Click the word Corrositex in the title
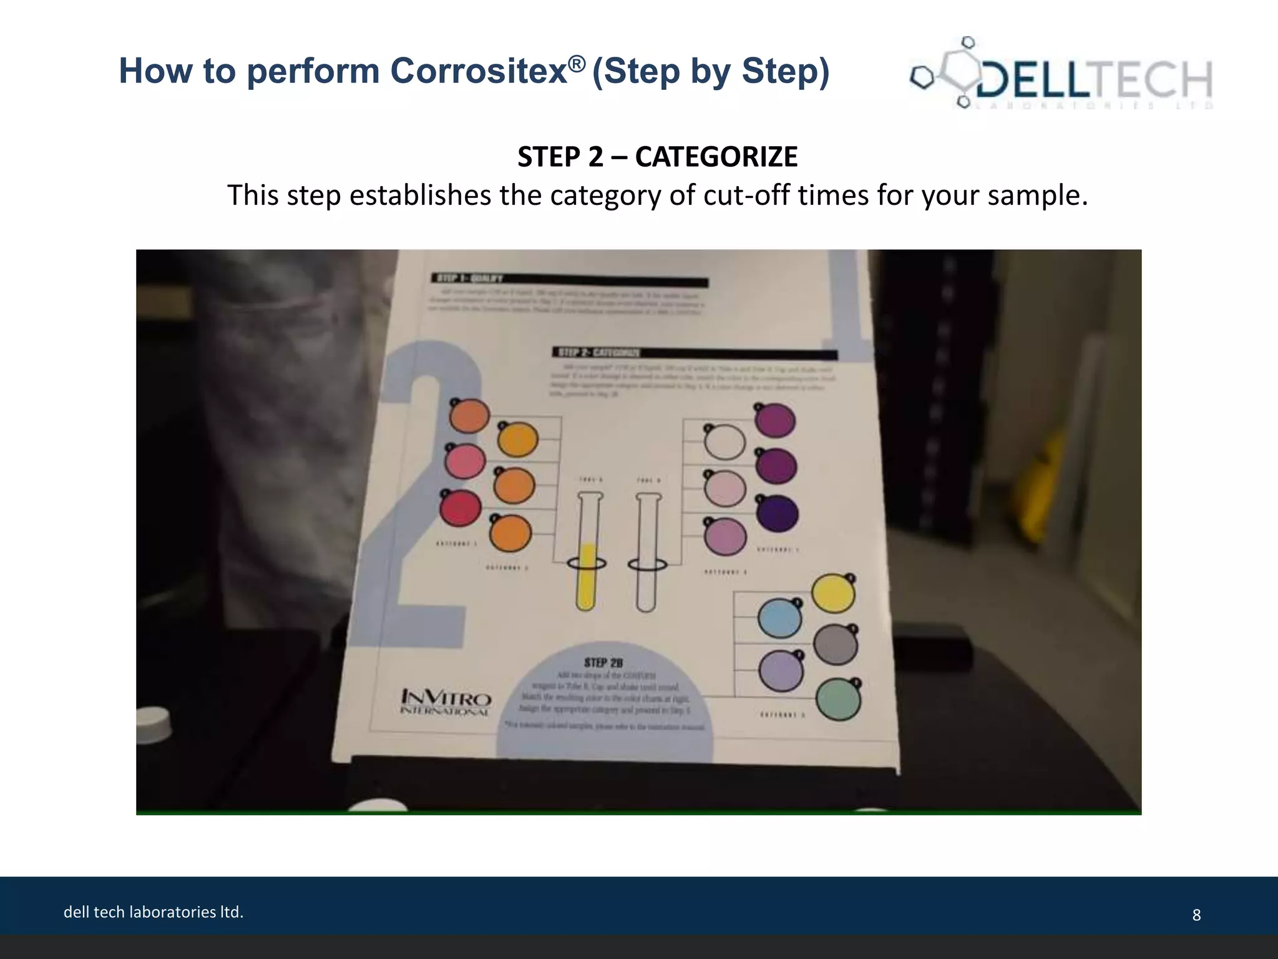pos(478,71)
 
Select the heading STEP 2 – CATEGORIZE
pos(657,157)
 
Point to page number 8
pos(1196,915)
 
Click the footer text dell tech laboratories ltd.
pos(154,912)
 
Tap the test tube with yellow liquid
pos(587,553)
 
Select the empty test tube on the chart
pos(647,553)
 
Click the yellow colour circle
pos(834,594)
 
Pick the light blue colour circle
pos(779,618)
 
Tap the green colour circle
pos(838,700)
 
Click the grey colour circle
pos(836,645)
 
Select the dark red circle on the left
pos(461,508)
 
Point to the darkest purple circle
pos(778,514)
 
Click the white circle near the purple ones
pos(724,443)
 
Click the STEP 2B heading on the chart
pos(603,662)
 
